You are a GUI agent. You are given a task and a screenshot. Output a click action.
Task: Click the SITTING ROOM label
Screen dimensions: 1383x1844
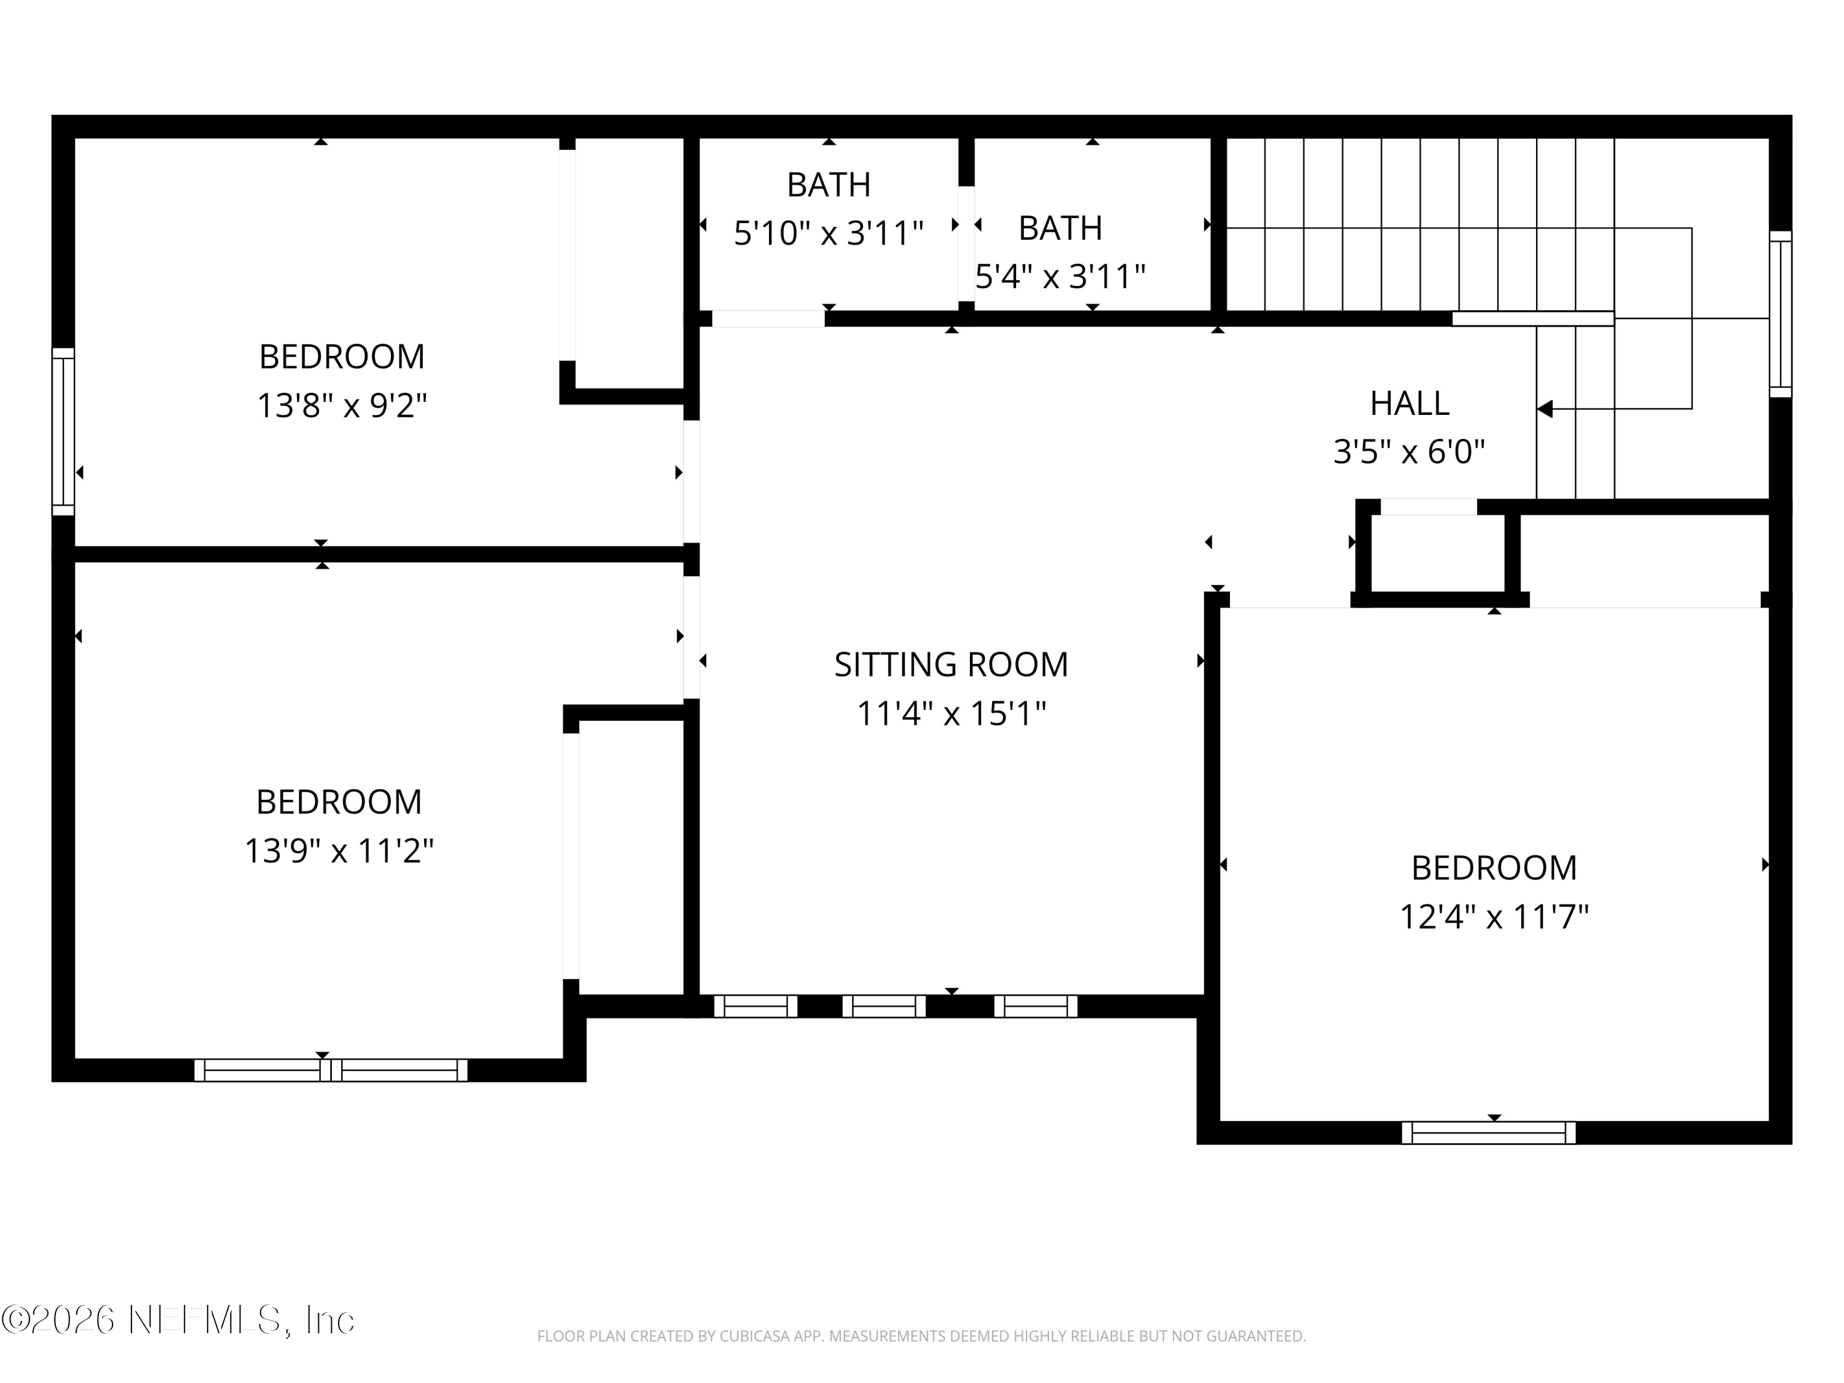click(x=950, y=664)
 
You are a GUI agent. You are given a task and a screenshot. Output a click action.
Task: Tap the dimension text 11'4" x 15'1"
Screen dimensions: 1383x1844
click(x=950, y=714)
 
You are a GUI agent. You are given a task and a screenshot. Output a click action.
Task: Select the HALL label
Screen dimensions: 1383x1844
click(x=1409, y=403)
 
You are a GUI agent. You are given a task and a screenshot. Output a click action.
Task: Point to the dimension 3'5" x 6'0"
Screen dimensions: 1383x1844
click(x=1409, y=452)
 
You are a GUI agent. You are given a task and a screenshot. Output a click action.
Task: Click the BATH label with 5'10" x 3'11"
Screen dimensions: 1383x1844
click(x=828, y=184)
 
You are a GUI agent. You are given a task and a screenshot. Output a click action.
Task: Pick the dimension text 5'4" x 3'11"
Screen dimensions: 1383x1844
click(x=1060, y=276)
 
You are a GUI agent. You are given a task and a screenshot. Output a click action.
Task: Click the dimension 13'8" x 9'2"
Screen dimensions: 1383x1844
click(x=341, y=406)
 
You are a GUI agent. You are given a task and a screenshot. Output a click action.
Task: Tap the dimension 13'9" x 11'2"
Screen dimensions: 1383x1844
click(x=339, y=851)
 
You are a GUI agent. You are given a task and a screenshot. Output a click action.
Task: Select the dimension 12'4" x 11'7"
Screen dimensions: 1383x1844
click(x=1493, y=917)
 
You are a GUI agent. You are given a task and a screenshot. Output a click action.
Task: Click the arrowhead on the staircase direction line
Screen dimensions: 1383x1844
click(x=1545, y=409)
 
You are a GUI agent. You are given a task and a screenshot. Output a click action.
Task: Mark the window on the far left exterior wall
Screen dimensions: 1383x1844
click(x=63, y=431)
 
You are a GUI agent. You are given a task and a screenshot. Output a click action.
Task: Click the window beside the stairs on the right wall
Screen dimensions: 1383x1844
click(x=1780, y=314)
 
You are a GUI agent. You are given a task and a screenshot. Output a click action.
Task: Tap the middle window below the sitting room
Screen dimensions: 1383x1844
click(x=884, y=1006)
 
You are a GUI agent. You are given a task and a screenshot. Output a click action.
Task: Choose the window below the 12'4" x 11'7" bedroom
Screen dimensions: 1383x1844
click(x=1488, y=1133)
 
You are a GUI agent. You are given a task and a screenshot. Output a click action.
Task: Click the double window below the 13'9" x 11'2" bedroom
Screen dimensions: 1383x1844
click(x=331, y=1070)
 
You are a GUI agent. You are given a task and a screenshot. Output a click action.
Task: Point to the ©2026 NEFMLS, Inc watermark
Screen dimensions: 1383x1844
click(x=178, y=1320)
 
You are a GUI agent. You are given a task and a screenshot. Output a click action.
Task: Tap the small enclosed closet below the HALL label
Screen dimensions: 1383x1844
click(x=1434, y=553)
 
